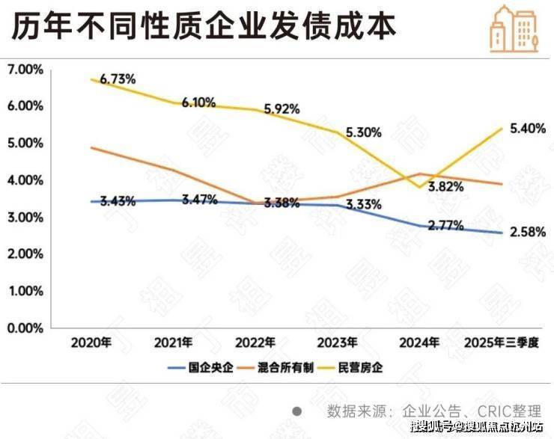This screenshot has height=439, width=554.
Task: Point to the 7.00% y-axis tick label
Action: pos(25,70)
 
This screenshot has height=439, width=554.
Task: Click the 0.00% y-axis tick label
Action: pos(25,328)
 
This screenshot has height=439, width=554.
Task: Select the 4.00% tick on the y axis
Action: pos(25,180)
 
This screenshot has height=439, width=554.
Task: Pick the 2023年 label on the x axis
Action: pos(338,343)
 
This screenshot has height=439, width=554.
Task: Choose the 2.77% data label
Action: pos(445,224)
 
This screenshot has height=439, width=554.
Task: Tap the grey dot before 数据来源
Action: pos(297,411)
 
